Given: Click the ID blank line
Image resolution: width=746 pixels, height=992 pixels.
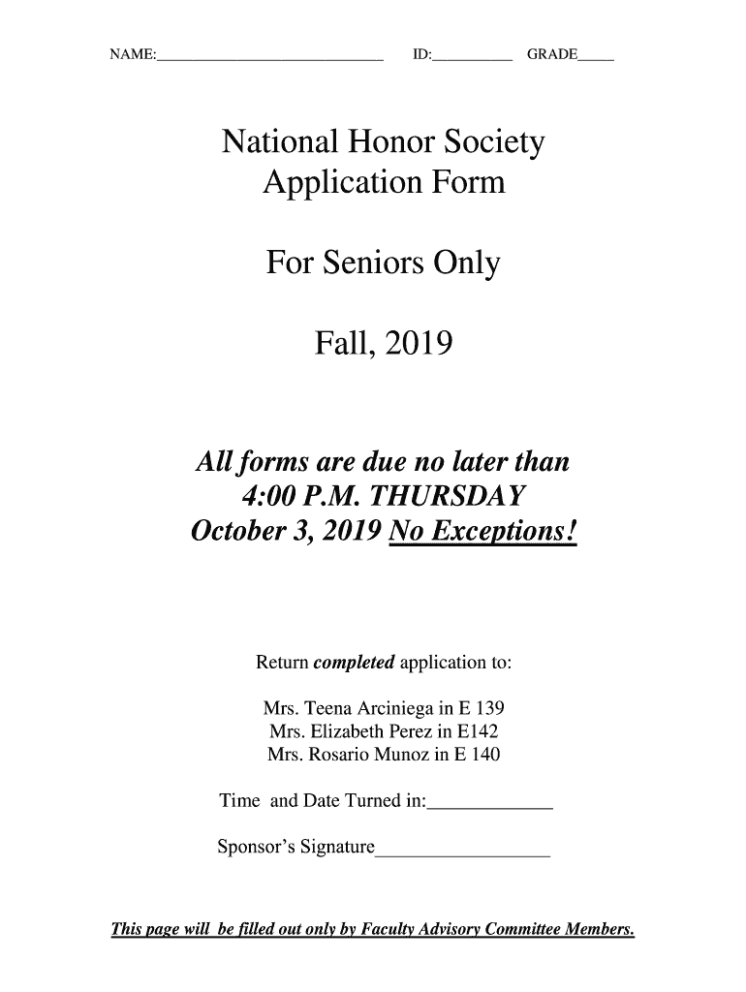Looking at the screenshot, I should pyautogui.click(x=472, y=56).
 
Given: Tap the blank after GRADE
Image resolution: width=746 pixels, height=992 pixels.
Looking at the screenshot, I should pyautogui.click(x=596, y=56).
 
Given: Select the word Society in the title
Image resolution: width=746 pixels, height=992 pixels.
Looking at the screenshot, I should pyautogui.click(x=496, y=145).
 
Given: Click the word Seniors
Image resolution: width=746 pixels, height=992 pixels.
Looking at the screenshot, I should pyautogui.click(x=373, y=263).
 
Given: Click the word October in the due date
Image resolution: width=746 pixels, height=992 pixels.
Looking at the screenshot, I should pyautogui.click(x=236, y=533).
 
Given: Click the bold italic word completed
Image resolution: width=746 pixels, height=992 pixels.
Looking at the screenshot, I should pyautogui.click(x=354, y=664).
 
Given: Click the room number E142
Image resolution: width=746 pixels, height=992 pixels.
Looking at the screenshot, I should pyautogui.click(x=481, y=731).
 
